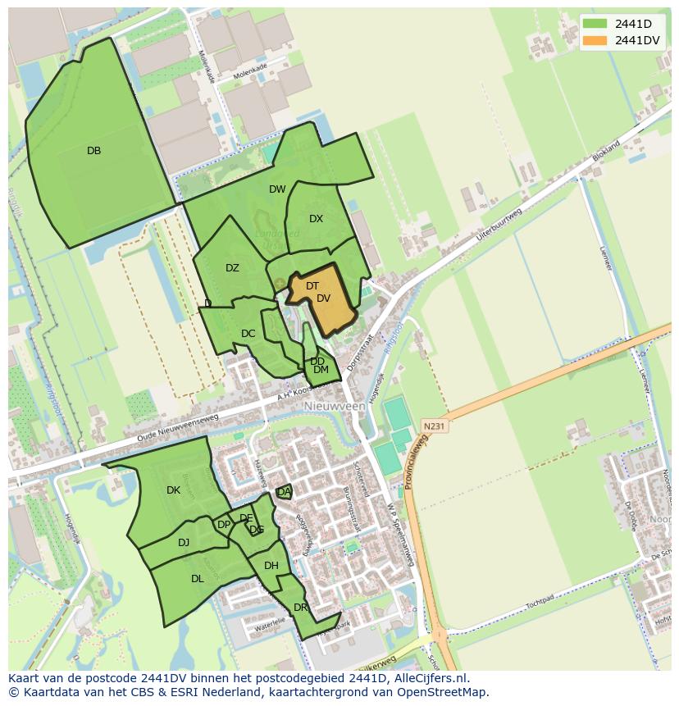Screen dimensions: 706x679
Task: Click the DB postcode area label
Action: pyautogui.click(x=93, y=151)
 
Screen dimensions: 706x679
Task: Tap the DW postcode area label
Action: pyautogui.click(x=277, y=189)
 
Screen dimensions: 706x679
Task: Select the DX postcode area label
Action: pyautogui.click(x=316, y=219)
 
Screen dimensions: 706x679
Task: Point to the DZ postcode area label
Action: pyautogui.click(x=232, y=268)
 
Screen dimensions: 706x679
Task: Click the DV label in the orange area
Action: pyautogui.click(x=323, y=298)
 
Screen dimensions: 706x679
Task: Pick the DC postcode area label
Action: pyautogui.click(x=248, y=334)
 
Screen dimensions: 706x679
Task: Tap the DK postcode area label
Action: pyautogui.click(x=173, y=490)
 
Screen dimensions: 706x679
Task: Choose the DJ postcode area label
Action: pyautogui.click(x=184, y=542)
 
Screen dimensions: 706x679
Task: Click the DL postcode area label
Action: pyautogui.click(x=197, y=578)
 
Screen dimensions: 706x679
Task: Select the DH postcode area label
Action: pyautogui.click(x=271, y=566)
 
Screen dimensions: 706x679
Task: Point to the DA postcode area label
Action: pyautogui.click(x=284, y=492)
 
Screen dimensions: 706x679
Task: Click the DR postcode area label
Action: pyautogui.click(x=300, y=607)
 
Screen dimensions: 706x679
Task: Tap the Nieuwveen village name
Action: pyautogui.click(x=334, y=406)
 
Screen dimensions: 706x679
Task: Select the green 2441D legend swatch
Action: pyautogui.click(x=595, y=23)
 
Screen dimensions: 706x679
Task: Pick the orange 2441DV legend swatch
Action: pyautogui.click(x=595, y=40)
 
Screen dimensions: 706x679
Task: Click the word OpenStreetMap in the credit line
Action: pyautogui.click(x=444, y=692)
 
